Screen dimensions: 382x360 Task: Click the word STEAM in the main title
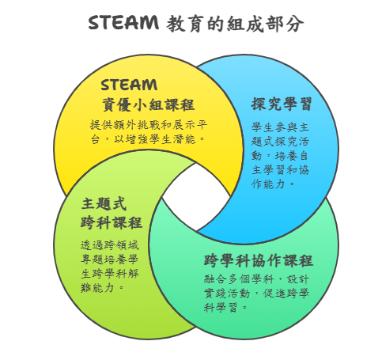click(123, 22)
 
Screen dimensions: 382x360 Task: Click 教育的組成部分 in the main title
click(235, 24)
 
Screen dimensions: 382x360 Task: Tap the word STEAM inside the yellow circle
click(129, 85)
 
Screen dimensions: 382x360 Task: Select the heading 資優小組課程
click(148, 104)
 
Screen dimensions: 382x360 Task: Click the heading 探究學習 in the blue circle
click(282, 104)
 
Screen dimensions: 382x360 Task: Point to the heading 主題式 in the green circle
click(104, 203)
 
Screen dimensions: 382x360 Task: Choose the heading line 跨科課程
click(112, 222)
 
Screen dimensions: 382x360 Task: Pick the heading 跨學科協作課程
click(259, 260)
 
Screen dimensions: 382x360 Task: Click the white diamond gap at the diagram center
click(196, 197)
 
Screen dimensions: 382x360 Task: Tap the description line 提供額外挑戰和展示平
click(149, 125)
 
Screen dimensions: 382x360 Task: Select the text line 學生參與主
click(280, 127)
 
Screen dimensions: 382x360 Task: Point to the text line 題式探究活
click(280, 142)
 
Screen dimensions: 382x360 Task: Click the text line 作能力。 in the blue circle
click(273, 184)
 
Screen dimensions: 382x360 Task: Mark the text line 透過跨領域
click(110, 245)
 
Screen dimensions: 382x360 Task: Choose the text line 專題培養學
click(110, 260)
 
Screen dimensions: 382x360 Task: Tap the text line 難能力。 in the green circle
click(102, 288)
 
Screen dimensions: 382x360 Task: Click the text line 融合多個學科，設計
click(256, 279)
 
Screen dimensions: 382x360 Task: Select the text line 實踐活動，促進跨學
click(256, 294)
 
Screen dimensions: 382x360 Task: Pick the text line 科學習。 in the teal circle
click(225, 307)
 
